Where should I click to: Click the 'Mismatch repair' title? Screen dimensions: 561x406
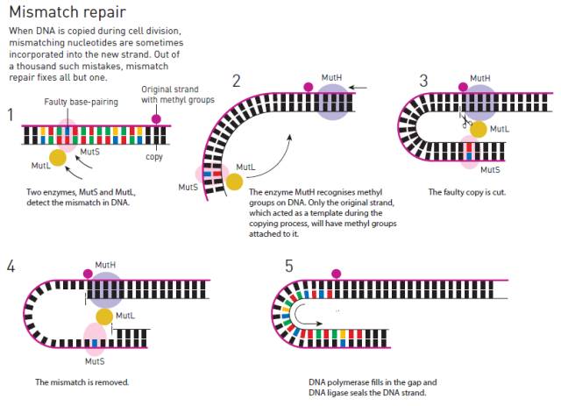(67, 11)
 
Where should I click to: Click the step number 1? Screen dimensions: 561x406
(11, 115)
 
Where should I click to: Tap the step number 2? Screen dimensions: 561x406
(237, 81)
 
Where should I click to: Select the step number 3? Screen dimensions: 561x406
(423, 81)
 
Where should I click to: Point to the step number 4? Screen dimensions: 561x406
(11, 267)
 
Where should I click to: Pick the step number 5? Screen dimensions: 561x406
(289, 267)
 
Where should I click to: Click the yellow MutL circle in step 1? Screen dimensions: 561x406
(58, 158)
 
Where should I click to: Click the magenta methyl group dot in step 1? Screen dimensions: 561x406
(156, 119)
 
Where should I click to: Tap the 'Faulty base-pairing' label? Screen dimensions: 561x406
(82, 102)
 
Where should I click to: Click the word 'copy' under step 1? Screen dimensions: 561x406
(154, 157)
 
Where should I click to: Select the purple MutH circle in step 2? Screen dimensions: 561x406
(332, 103)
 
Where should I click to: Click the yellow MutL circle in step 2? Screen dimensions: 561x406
(234, 182)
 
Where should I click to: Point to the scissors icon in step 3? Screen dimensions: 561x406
(465, 121)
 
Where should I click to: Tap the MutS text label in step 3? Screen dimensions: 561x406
(490, 170)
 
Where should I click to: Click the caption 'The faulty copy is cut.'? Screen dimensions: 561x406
(467, 192)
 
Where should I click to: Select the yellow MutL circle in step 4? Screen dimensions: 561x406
(104, 317)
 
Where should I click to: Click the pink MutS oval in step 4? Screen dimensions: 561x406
(95, 339)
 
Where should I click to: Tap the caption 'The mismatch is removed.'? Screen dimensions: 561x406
(82, 382)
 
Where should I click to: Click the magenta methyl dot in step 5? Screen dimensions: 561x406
(337, 274)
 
